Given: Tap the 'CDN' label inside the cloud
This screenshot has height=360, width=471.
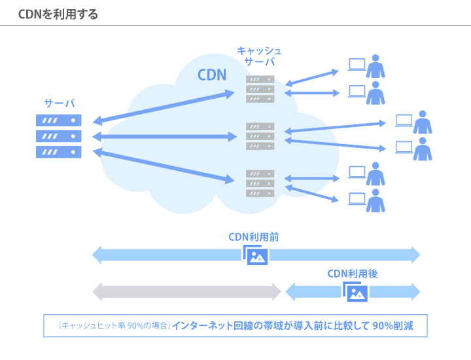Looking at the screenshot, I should click(x=212, y=75).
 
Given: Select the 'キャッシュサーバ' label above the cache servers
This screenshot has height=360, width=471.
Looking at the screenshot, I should click(x=259, y=56).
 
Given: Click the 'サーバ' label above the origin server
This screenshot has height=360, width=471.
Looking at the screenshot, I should click(x=59, y=103).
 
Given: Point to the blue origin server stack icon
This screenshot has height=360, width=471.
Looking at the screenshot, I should click(x=59, y=136).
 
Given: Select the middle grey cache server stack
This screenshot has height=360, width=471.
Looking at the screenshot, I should click(x=260, y=136).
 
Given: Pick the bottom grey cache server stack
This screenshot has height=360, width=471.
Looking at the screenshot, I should click(x=260, y=183).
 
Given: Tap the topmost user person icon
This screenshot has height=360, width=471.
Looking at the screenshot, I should click(x=375, y=66).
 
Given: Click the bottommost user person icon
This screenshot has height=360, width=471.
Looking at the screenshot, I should click(x=375, y=201).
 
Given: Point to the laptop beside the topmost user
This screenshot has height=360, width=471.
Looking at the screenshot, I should click(x=357, y=64).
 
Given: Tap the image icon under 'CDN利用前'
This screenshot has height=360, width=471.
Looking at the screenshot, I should click(x=256, y=255).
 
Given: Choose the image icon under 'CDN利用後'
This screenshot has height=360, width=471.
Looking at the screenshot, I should click(x=356, y=292).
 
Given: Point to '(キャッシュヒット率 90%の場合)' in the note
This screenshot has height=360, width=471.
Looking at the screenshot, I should click(x=114, y=325).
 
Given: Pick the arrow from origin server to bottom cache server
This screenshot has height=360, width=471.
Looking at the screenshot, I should click(x=164, y=165).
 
